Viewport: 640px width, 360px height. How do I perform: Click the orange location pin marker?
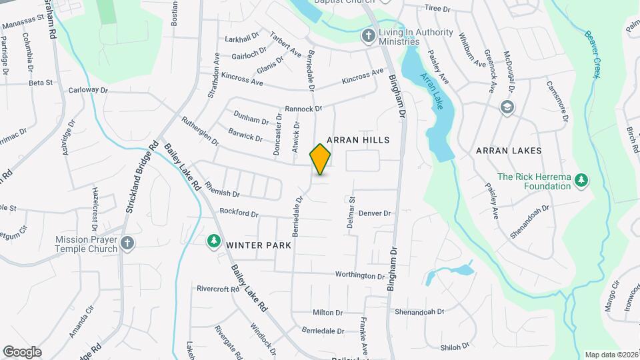321,159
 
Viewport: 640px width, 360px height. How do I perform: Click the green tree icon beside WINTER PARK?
214,241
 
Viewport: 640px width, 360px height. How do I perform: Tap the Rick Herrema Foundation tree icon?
581,180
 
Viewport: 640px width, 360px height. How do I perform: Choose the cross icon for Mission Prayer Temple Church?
128,245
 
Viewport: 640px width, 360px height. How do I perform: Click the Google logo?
22,352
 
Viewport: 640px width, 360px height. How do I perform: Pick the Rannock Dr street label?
303,109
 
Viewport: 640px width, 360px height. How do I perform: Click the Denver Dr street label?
374,213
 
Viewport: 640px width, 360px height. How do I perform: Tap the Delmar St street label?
351,215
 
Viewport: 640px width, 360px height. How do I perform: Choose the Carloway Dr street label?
88,90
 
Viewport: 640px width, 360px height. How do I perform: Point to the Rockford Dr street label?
239,213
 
